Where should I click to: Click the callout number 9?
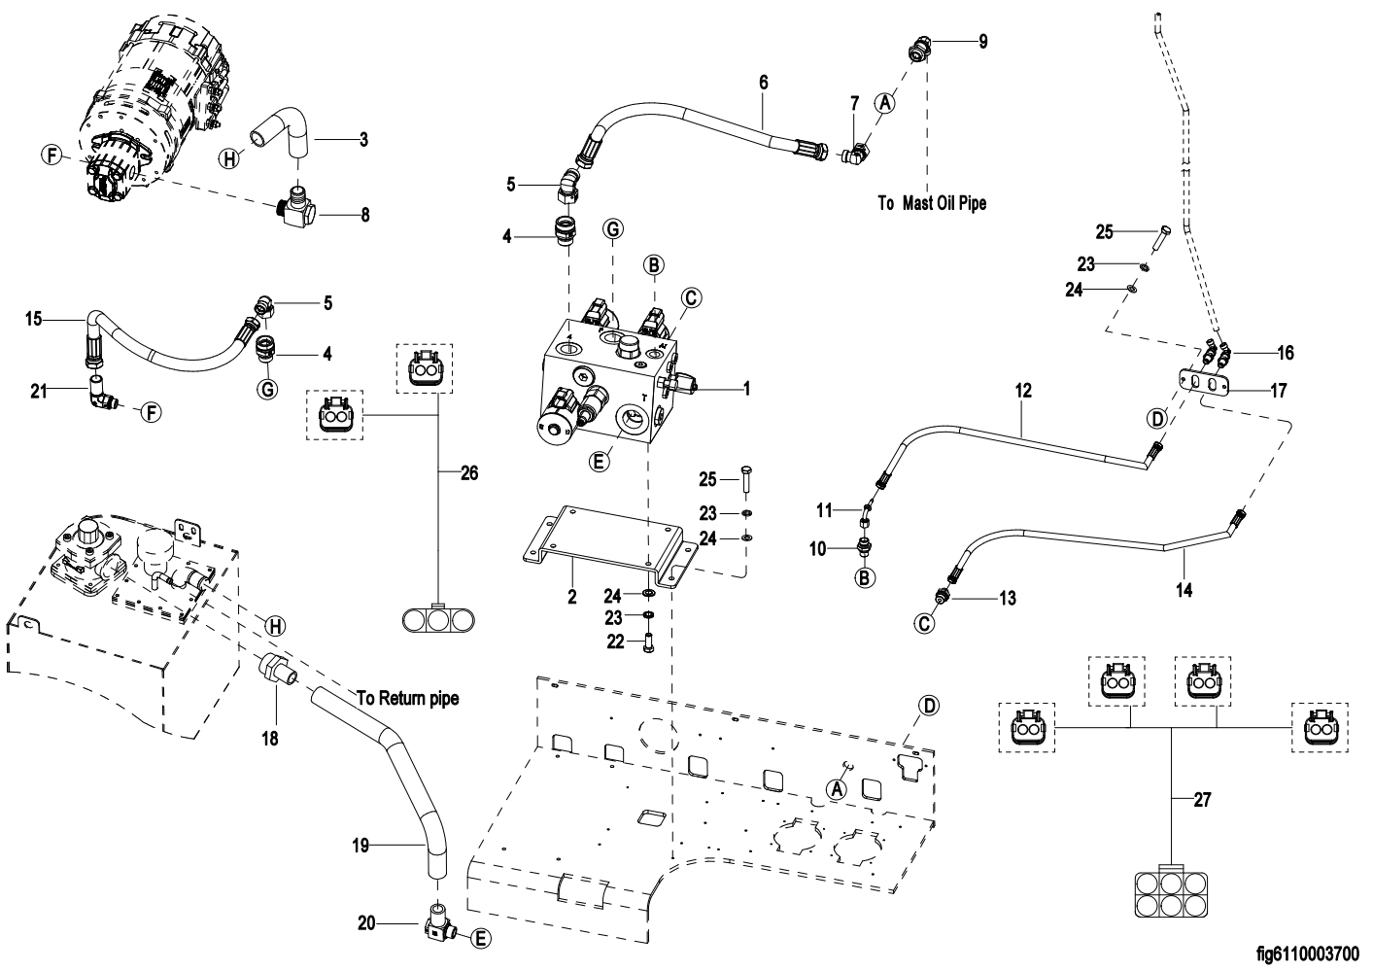pyautogui.click(x=982, y=43)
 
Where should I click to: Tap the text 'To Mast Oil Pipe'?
pyautogui.click(x=931, y=203)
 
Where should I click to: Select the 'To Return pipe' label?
pyautogui.click(x=407, y=698)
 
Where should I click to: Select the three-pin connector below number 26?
pyautogui.click(x=438, y=618)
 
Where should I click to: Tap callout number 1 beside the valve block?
pyautogui.click(x=746, y=389)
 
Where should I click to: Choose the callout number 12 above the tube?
pyautogui.click(x=1022, y=391)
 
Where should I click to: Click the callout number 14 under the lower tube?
pyautogui.click(x=1184, y=588)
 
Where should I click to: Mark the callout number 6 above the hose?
pyautogui.click(x=763, y=83)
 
